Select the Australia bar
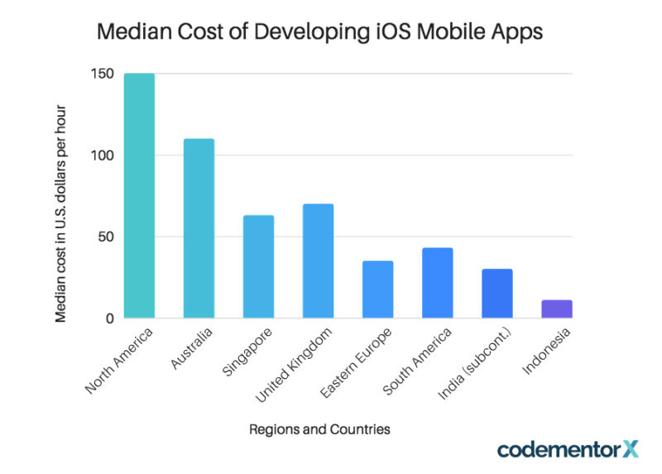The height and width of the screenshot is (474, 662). tap(199, 228)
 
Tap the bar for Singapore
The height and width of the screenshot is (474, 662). tap(258, 266)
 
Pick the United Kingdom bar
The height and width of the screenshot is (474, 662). tap(318, 261)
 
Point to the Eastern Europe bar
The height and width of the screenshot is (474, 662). tap(377, 290)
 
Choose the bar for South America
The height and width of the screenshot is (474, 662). tap(437, 283)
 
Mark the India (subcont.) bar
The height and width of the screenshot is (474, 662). tap(497, 294)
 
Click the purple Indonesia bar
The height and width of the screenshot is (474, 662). tap(557, 309)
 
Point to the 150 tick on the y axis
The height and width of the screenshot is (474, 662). tap(102, 74)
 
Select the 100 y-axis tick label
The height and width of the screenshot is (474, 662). tap(102, 156)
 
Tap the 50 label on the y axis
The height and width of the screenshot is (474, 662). tap(105, 237)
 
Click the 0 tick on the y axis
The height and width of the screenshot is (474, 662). tap(109, 318)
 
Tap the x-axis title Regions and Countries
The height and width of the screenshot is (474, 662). tap(319, 429)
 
